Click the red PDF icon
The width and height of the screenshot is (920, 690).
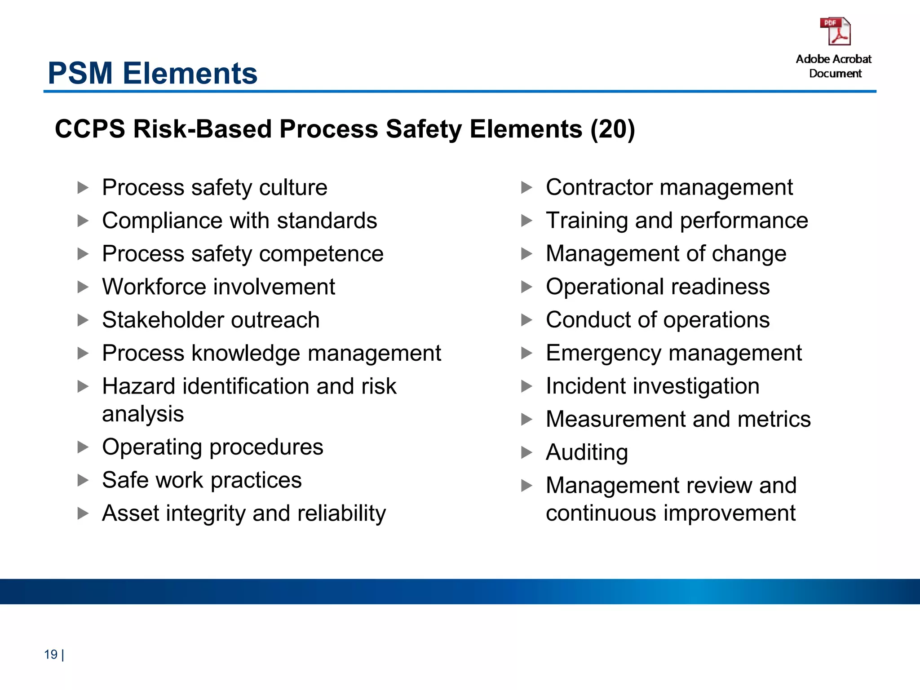tap(835, 31)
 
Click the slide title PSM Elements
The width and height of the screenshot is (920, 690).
tap(152, 73)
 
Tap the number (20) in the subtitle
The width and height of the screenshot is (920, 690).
tap(613, 129)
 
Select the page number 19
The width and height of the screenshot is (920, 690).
tap(51, 655)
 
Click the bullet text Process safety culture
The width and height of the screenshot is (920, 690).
tap(215, 187)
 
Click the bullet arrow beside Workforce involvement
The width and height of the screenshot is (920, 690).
tap(83, 287)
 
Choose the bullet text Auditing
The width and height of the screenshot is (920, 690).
tap(587, 452)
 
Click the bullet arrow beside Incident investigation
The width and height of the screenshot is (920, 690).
tap(526, 386)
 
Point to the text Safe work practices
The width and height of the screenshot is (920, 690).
tap(202, 480)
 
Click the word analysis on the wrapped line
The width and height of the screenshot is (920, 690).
tap(143, 414)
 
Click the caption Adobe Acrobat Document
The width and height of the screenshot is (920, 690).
tap(834, 66)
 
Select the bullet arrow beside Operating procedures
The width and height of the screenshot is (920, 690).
tap(83, 447)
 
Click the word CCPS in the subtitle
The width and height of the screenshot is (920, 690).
tap(90, 129)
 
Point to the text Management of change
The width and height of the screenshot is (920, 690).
tap(666, 254)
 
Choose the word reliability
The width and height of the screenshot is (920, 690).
tap(341, 513)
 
